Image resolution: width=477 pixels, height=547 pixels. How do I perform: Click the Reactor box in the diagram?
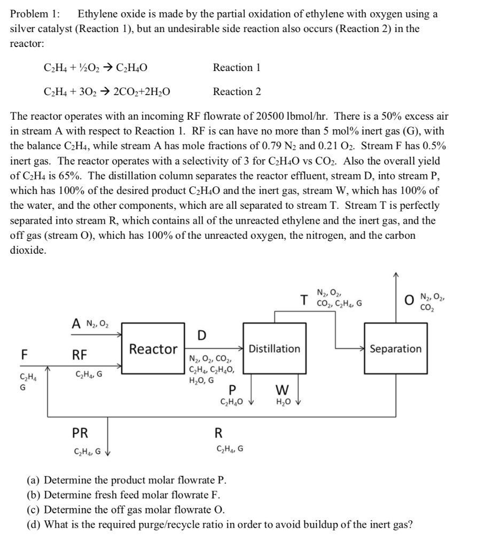[x=153, y=349]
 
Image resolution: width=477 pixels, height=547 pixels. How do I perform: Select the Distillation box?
[x=275, y=349]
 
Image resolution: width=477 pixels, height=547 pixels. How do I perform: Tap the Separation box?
[x=395, y=349]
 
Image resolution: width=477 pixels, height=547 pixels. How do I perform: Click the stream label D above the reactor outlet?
[x=201, y=335]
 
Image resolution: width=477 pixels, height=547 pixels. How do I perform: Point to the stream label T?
[x=304, y=300]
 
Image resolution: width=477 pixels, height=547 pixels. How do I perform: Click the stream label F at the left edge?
[x=24, y=354]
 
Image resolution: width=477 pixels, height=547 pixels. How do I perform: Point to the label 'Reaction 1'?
[x=237, y=67]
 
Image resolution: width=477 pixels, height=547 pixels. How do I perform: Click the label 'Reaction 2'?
[x=237, y=92]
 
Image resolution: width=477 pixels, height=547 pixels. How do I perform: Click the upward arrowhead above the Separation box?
[x=395, y=275]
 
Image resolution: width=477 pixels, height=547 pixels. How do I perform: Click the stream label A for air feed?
[x=76, y=323]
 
